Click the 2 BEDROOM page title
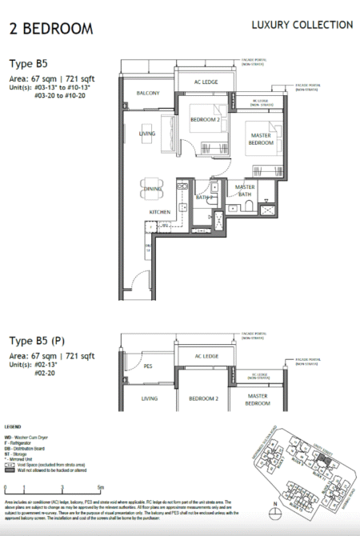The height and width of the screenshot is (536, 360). pos(50,30)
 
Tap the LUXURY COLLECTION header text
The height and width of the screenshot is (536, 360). pos(302,25)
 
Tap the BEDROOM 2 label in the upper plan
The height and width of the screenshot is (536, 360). pos(205,120)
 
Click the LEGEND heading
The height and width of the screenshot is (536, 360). pos(15,428)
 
